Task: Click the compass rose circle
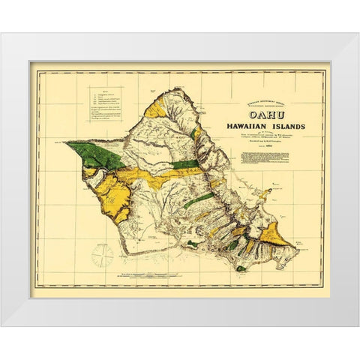coord(102,256)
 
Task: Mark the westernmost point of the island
coord(64,142)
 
